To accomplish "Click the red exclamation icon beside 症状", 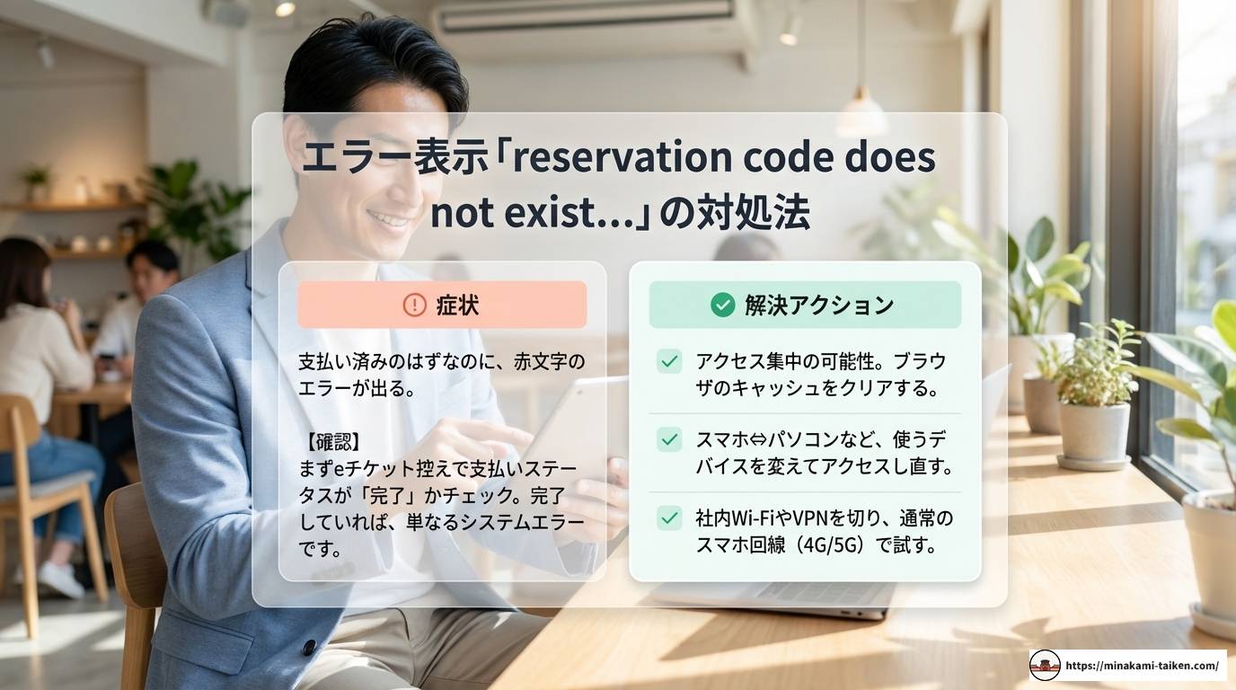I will pyautogui.click(x=414, y=305).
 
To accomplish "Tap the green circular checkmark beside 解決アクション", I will pyautogui.click(x=722, y=305).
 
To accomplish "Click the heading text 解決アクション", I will pyautogui.click(x=818, y=305).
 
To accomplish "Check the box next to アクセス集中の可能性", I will pyautogui.click(x=669, y=361).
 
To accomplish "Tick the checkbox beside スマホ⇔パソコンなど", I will pyautogui.click(x=669, y=439).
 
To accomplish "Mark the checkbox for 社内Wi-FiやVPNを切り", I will pyautogui.click(x=669, y=517).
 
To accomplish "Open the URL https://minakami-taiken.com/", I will pyautogui.click(x=1142, y=666).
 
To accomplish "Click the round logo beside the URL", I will pyautogui.click(x=1045, y=666).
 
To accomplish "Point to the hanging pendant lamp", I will pyautogui.click(x=862, y=113).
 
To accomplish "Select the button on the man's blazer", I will pyautogui.click(x=309, y=647).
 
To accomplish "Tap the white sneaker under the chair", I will pyautogui.click(x=61, y=579).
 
